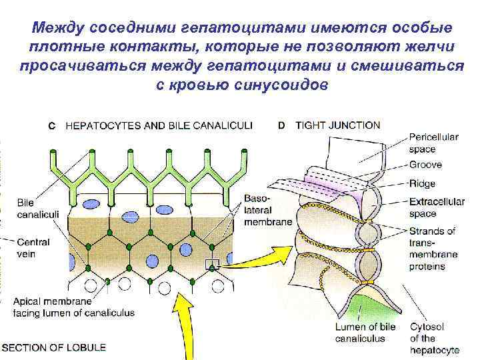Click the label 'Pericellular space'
click(x=433, y=142)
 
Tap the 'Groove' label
click(x=426, y=165)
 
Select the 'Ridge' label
click(x=422, y=183)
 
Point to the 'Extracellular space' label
click(x=437, y=207)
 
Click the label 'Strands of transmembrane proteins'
click(x=433, y=248)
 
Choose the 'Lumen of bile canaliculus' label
click(x=365, y=333)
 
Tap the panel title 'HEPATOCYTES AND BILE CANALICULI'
click(x=159, y=126)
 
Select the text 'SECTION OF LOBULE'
click(x=53, y=347)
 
